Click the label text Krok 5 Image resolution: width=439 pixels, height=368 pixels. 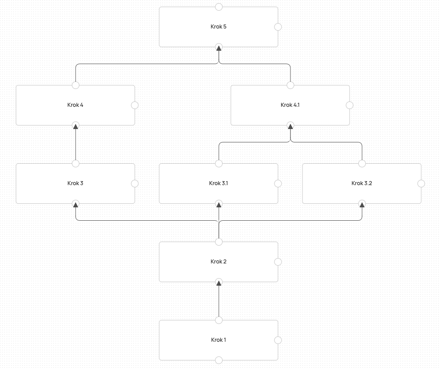[218, 27]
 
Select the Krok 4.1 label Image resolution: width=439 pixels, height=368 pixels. [290, 105]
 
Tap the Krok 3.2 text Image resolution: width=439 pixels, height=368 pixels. [362, 183]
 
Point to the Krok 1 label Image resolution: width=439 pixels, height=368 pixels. [218, 340]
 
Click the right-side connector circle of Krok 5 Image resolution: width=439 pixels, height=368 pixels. [278, 27]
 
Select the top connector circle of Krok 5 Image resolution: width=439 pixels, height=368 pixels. [219, 7]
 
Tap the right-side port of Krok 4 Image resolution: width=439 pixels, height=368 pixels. [135, 105]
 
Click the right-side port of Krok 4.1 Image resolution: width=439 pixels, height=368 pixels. [350, 105]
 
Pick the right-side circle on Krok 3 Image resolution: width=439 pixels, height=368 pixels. [135, 183]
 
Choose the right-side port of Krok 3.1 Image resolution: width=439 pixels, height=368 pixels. [278, 183]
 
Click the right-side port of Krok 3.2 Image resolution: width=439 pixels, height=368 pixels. [421, 183]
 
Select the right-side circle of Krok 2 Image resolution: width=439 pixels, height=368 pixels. [278, 262]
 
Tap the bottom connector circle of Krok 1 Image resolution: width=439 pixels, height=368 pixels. [219, 360]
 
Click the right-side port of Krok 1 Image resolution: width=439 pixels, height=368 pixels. [278, 340]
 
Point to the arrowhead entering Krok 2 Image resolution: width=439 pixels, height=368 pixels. [219, 283]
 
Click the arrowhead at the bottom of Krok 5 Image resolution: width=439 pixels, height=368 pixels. [219, 48]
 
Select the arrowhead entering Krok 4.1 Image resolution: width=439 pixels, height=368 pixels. [290, 126]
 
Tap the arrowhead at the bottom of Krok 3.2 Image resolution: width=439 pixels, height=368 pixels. [362, 205]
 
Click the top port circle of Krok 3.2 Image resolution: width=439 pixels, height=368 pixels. [362, 164]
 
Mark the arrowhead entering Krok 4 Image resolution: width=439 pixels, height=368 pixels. [76, 126]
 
